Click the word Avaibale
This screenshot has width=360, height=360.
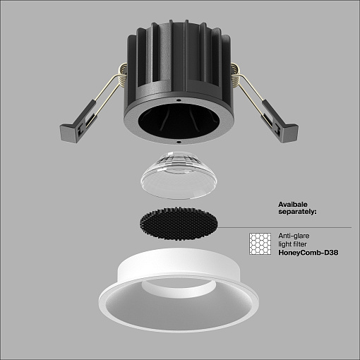[x=293, y=204]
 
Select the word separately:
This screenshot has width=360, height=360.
[x=297, y=212]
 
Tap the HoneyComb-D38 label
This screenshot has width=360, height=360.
[x=308, y=253]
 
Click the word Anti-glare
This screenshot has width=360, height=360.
[x=294, y=236]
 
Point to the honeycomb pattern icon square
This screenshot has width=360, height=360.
[x=260, y=244]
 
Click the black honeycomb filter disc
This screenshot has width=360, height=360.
[x=179, y=224]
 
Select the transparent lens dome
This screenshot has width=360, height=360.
[x=179, y=175]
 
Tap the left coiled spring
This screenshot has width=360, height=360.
[x=122, y=75]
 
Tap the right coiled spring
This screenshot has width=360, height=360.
[x=236, y=75]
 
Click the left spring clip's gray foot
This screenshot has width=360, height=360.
[x=68, y=133]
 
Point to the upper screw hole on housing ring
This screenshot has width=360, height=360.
[x=179, y=100]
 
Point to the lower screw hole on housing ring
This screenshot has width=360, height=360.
[x=179, y=142]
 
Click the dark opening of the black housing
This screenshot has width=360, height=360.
[x=179, y=121]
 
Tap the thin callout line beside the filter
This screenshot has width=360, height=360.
[x=284, y=228]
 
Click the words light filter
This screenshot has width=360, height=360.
[x=292, y=244]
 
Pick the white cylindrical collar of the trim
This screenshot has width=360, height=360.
[x=179, y=261]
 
